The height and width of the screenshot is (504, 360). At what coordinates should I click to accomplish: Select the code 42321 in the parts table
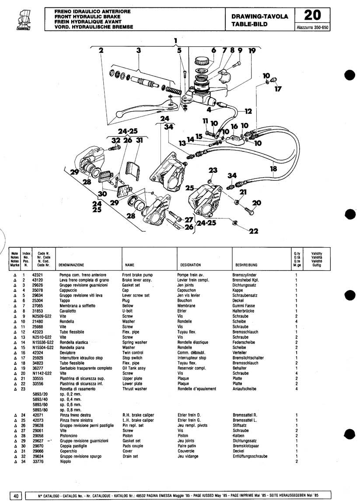[x=38, y=275]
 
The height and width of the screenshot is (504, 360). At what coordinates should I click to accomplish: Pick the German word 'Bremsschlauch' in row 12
[x=244, y=332]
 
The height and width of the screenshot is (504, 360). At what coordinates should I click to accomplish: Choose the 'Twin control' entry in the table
[x=133, y=353]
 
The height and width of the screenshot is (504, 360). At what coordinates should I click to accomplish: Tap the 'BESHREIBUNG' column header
[x=246, y=265]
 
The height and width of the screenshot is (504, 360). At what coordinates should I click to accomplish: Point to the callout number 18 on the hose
[x=273, y=168]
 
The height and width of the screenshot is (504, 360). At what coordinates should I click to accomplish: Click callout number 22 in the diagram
[x=254, y=231]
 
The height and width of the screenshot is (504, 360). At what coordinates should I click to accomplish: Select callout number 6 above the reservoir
[x=214, y=50]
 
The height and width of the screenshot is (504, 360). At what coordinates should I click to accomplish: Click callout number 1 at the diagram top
[x=175, y=41]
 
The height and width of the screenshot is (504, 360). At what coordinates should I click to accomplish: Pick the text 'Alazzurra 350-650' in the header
[x=312, y=27]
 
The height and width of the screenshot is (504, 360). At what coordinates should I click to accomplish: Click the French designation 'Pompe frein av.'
[x=189, y=275]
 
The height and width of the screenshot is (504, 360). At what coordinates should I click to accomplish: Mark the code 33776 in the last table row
[x=38, y=461]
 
